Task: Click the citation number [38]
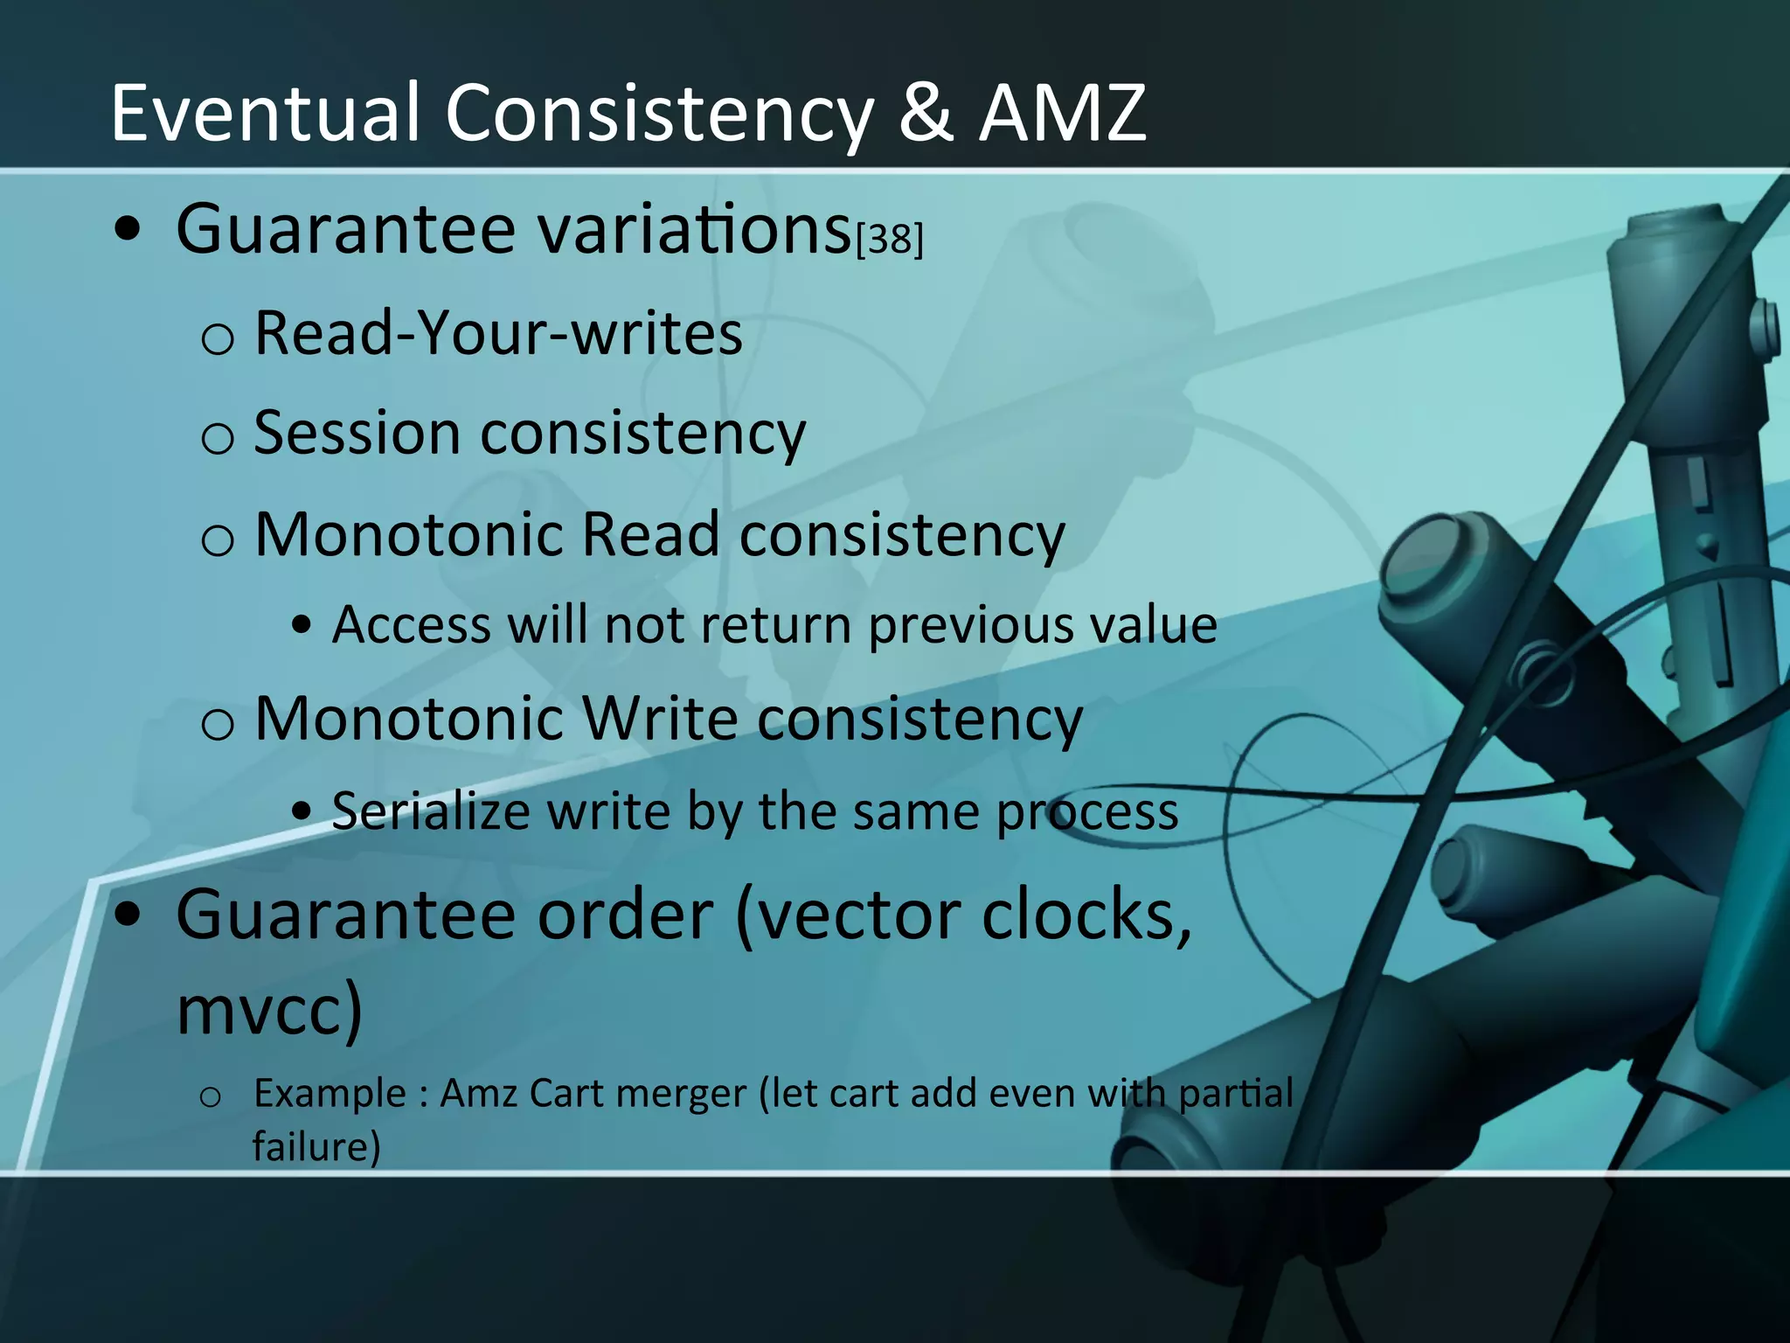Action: point(889,239)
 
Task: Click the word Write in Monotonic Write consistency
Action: point(660,719)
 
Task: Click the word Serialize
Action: point(431,811)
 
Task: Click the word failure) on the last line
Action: point(316,1146)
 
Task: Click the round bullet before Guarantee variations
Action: point(128,229)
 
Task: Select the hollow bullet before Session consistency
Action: point(217,437)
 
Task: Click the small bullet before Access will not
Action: point(302,626)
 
